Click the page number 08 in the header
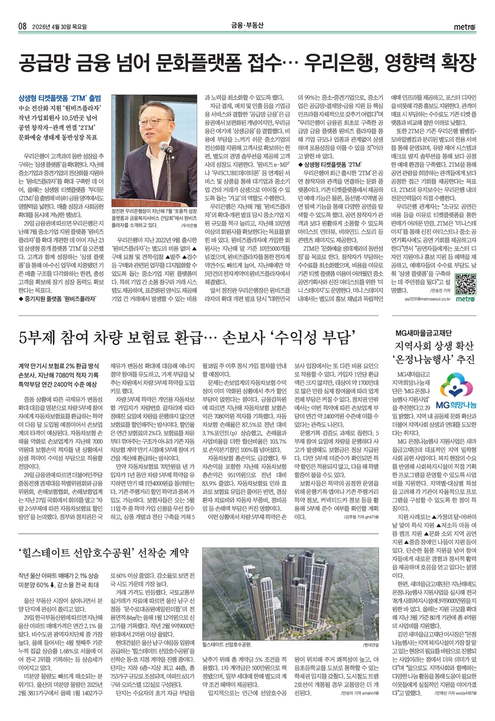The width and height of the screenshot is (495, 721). (x=22, y=26)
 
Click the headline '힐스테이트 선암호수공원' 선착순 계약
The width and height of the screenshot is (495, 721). (x=103, y=552)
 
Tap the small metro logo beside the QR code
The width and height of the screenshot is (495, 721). (x=465, y=299)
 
